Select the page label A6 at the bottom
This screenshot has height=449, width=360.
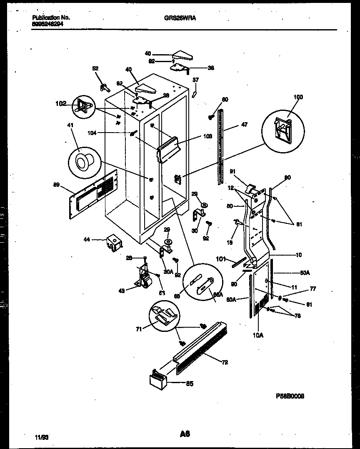[x=185, y=434]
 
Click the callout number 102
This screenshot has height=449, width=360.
[x=61, y=103]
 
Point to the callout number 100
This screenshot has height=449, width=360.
[x=298, y=97]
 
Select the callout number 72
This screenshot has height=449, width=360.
[x=225, y=362]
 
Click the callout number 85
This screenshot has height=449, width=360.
[x=189, y=384]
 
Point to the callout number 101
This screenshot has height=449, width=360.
[x=221, y=259]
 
